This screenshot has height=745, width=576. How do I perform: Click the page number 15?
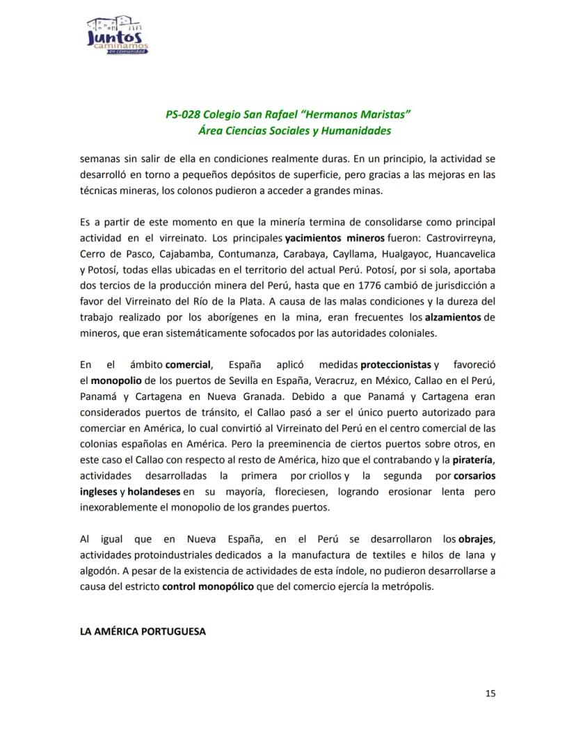pyautogui.click(x=490, y=693)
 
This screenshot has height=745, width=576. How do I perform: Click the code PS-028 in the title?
pyautogui.click(x=184, y=114)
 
